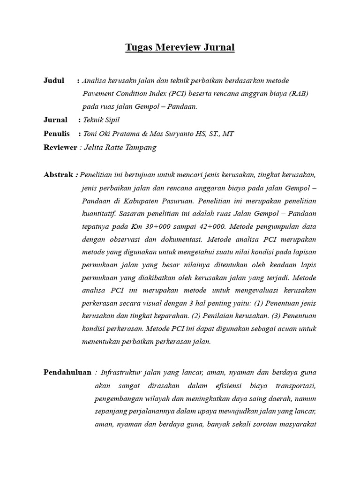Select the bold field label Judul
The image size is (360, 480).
[54, 81]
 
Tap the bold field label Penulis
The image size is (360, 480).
[57, 134]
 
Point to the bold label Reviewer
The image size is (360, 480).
[60, 147]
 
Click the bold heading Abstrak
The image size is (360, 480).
[59, 175]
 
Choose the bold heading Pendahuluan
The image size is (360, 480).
[67, 372]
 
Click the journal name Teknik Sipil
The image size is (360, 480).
[101, 120]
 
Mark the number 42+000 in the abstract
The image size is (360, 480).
[210, 226]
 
